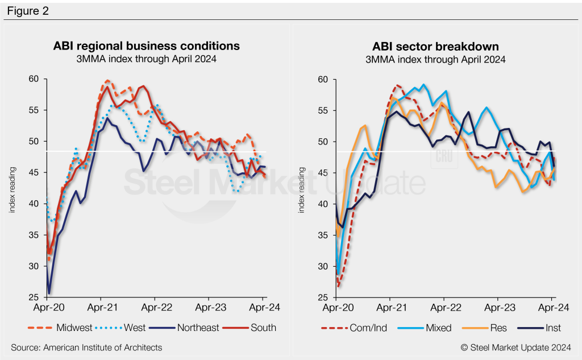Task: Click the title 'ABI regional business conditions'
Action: pos(147,45)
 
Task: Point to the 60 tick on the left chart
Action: pos(34,78)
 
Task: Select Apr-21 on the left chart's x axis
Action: pos(101,309)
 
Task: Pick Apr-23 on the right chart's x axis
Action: pos(498,309)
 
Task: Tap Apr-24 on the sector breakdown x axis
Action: pos(552,309)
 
